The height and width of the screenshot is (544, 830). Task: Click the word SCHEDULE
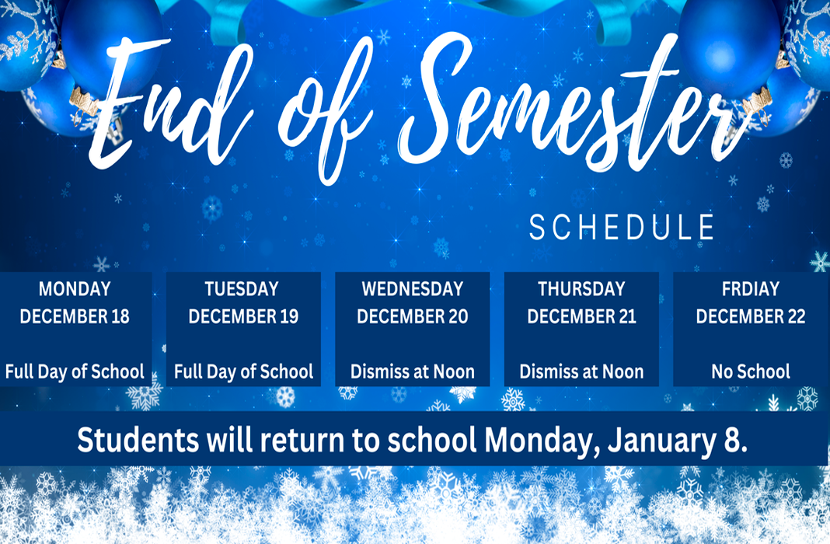[x=622, y=228]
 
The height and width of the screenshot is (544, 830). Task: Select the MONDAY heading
[x=75, y=289]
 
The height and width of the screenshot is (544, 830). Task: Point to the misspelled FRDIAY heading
[x=751, y=289]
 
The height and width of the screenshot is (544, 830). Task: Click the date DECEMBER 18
[x=75, y=316]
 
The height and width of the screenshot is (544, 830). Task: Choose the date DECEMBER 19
[x=243, y=316]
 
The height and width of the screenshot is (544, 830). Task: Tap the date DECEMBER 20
[x=413, y=316]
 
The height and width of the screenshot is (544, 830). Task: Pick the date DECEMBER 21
[x=581, y=316]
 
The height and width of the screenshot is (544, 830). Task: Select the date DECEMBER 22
[x=751, y=316]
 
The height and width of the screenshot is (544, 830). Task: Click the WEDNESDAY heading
[x=413, y=289]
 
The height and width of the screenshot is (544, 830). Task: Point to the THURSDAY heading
[x=581, y=289]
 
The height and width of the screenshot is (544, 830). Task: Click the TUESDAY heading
[x=242, y=289]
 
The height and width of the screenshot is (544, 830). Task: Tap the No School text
[x=751, y=371]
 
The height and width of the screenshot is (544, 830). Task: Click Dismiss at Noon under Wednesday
[x=413, y=371]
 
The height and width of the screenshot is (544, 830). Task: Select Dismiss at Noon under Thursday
[x=581, y=371]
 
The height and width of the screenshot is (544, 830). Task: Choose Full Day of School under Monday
[x=75, y=371]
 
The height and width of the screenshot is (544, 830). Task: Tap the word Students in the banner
[x=138, y=440]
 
